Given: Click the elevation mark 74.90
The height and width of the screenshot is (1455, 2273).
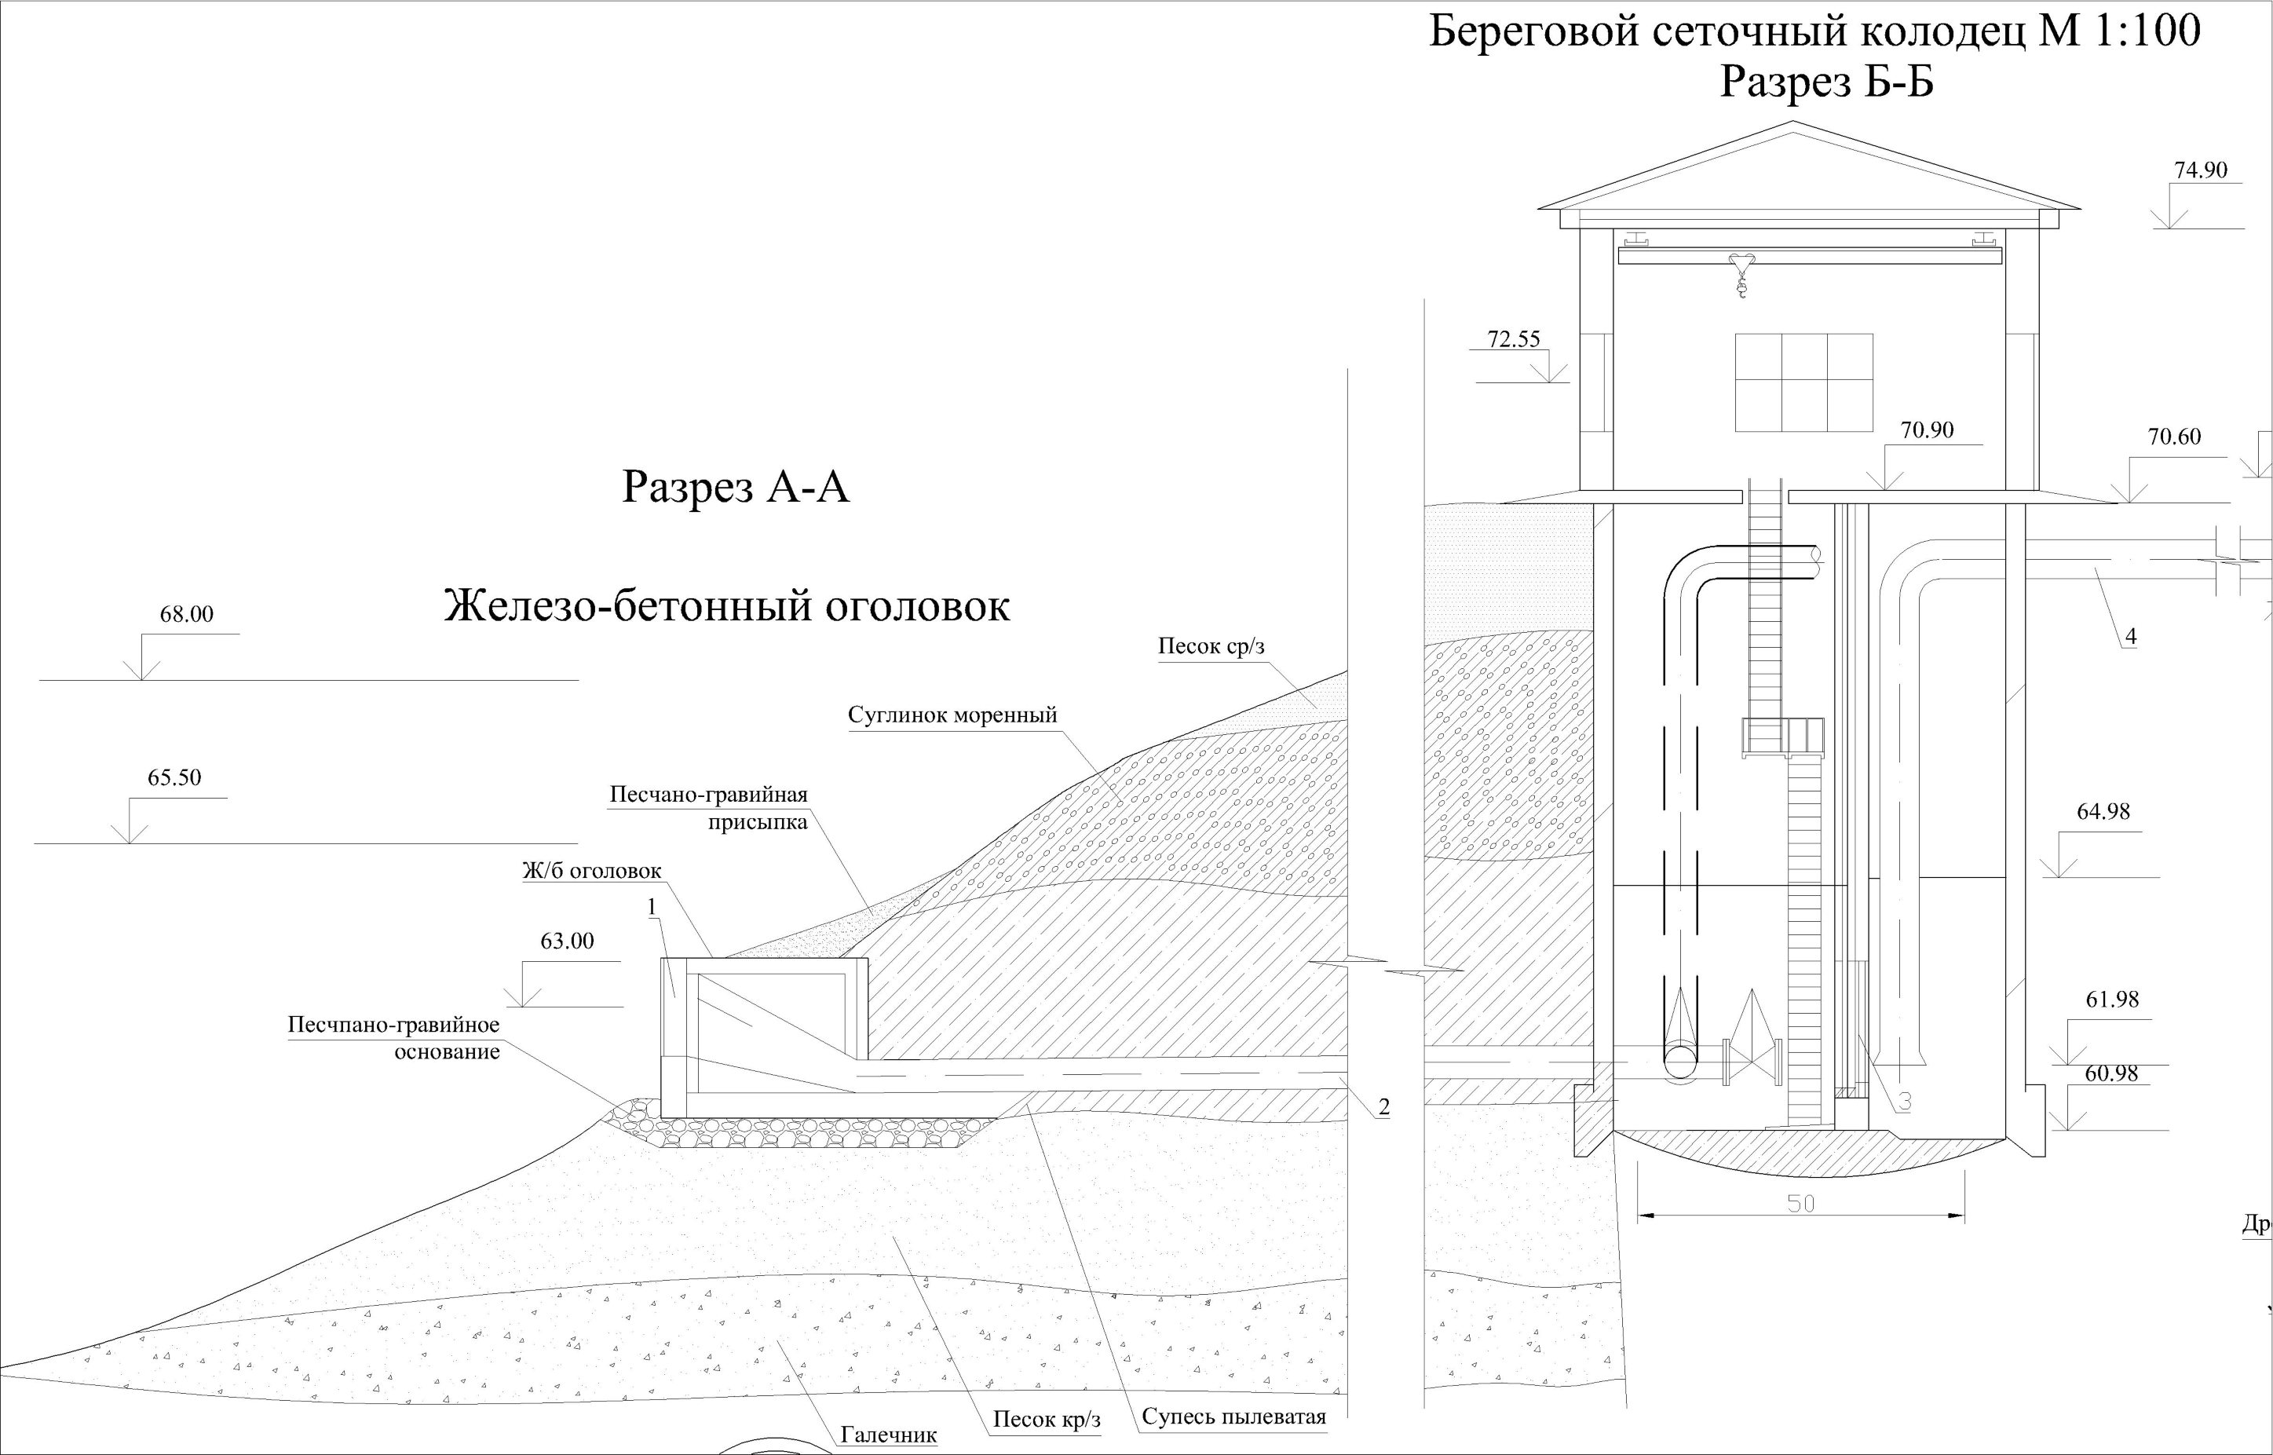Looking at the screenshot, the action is [x=2200, y=170].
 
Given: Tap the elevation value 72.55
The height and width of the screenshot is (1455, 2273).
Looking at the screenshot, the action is [x=1514, y=339].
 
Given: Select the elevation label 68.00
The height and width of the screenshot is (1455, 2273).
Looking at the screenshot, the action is [x=186, y=614].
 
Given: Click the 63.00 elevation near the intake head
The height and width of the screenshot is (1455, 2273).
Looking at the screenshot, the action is [x=567, y=941].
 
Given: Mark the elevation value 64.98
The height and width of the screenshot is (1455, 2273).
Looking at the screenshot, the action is [x=2103, y=812].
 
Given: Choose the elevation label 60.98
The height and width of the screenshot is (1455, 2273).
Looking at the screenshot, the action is [x=2110, y=1073].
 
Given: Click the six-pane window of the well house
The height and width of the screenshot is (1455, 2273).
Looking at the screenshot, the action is [x=1804, y=382].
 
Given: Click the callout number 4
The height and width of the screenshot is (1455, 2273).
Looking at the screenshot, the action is [x=2130, y=637].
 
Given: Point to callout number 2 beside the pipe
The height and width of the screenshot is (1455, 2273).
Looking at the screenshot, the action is [x=1384, y=1107].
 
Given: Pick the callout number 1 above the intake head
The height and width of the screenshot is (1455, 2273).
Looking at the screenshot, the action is [x=652, y=907].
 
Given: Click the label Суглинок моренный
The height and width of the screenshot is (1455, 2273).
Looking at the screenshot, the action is [x=952, y=715].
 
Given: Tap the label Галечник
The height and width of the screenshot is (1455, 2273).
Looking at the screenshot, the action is [x=889, y=1435].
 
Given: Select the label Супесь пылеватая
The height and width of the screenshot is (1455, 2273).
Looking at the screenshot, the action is [x=1233, y=1417].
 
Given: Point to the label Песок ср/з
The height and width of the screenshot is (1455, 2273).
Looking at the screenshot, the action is [x=1211, y=646].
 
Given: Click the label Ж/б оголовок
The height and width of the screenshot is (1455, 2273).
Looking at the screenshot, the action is [x=592, y=870].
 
